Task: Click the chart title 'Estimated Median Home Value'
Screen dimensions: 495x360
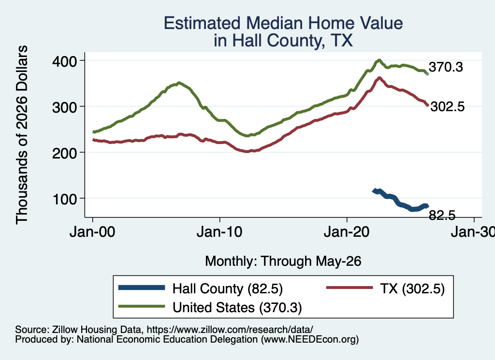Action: point(283,23)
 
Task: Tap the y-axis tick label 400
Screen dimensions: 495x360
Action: point(64,61)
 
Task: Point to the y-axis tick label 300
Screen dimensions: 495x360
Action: point(64,107)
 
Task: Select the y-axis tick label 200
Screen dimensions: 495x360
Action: point(64,153)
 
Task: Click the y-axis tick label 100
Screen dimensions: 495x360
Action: point(64,199)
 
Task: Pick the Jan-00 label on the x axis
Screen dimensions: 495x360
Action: point(92,232)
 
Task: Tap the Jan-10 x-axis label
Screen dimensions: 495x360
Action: point(219,232)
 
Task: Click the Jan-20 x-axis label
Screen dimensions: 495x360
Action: point(347,232)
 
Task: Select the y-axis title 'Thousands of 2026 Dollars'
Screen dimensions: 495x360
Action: point(22,135)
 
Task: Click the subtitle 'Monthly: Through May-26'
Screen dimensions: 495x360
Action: point(283,261)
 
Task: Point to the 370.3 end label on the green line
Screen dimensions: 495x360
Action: point(446,67)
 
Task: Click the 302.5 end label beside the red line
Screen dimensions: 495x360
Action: point(447,107)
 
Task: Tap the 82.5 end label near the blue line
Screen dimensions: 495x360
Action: point(442,215)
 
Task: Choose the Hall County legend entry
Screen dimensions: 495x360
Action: point(201,288)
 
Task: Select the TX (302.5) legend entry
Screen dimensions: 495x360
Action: point(385,288)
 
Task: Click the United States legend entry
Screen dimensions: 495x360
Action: point(210,307)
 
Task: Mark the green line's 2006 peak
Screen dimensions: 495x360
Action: point(179,83)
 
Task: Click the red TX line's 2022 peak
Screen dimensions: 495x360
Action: point(379,78)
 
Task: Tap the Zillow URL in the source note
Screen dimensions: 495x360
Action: point(230,330)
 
